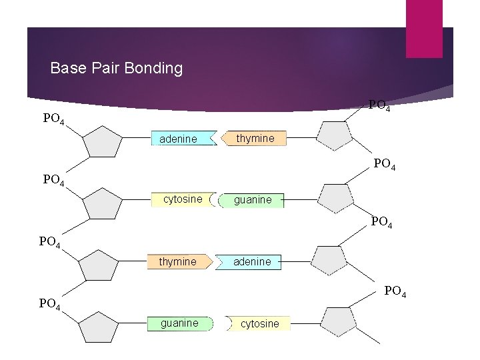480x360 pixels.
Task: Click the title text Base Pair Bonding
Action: click(117, 68)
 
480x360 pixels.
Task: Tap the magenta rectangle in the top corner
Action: click(424, 28)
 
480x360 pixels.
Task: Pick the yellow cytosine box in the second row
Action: click(183, 199)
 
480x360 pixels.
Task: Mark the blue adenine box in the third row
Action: click(254, 261)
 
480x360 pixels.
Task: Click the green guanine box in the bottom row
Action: click(180, 323)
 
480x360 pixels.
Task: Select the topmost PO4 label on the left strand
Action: click(54, 119)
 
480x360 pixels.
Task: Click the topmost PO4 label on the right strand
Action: click(379, 105)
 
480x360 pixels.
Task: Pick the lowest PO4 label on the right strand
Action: click(394, 291)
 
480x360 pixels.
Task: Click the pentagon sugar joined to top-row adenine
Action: click(103, 141)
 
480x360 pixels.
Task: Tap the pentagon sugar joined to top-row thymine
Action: click(334, 135)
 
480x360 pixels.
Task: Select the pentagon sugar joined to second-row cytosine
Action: click(102, 203)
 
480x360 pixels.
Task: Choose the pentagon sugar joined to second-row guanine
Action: click(335, 198)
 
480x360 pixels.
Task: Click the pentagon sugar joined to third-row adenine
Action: click(329, 260)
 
